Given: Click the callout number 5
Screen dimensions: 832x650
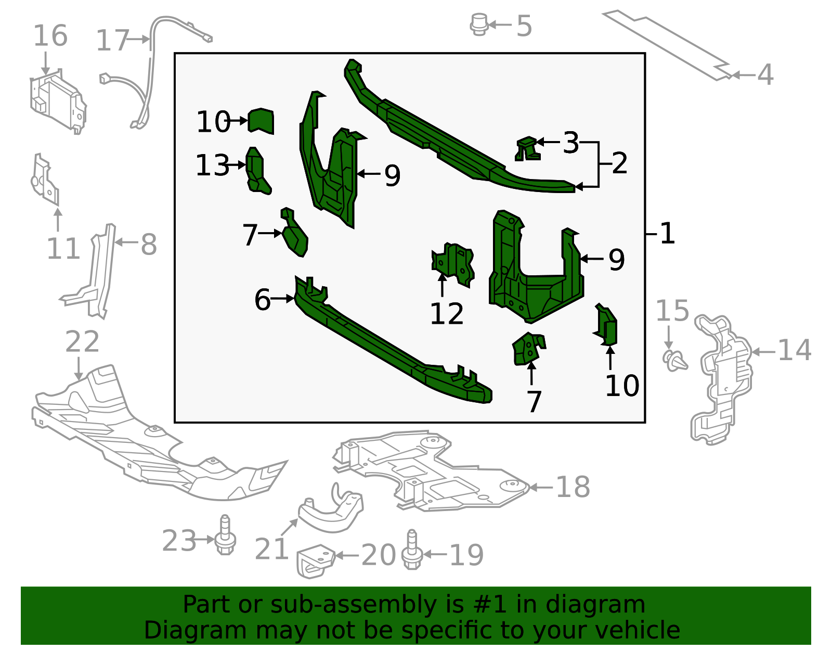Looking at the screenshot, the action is pyautogui.click(x=524, y=26).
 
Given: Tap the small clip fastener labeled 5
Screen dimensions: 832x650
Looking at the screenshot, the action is pyautogui.click(x=478, y=24).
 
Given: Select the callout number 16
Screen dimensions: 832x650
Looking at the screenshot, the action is pyautogui.click(x=50, y=36).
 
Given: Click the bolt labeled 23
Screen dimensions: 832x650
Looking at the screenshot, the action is pyautogui.click(x=225, y=537).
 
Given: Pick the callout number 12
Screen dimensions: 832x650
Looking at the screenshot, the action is pyautogui.click(x=447, y=314).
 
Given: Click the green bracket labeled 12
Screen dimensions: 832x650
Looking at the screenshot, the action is pyautogui.click(x=453, y=263).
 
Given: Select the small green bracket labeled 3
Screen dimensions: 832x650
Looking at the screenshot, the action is pyautogui.click(x=527, y=148).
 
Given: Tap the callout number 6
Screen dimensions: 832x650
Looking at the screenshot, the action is pyautogui.click(x=263, y=300).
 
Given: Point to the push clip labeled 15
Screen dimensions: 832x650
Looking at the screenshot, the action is pyautogui.click(x=674, y=360).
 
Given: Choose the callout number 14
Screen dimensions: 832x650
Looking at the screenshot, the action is pyautogui.click(x=794, y=350).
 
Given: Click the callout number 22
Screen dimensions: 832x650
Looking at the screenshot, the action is pyautogui.click(x=82, y=342).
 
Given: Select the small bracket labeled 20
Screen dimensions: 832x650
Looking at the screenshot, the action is pyautogui.click(x=315, y=560).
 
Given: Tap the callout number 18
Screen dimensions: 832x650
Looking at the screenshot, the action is pyautogui.click(x=573, y=488).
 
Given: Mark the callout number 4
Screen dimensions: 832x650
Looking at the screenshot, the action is pyautogui.click(x=765, y=75).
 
